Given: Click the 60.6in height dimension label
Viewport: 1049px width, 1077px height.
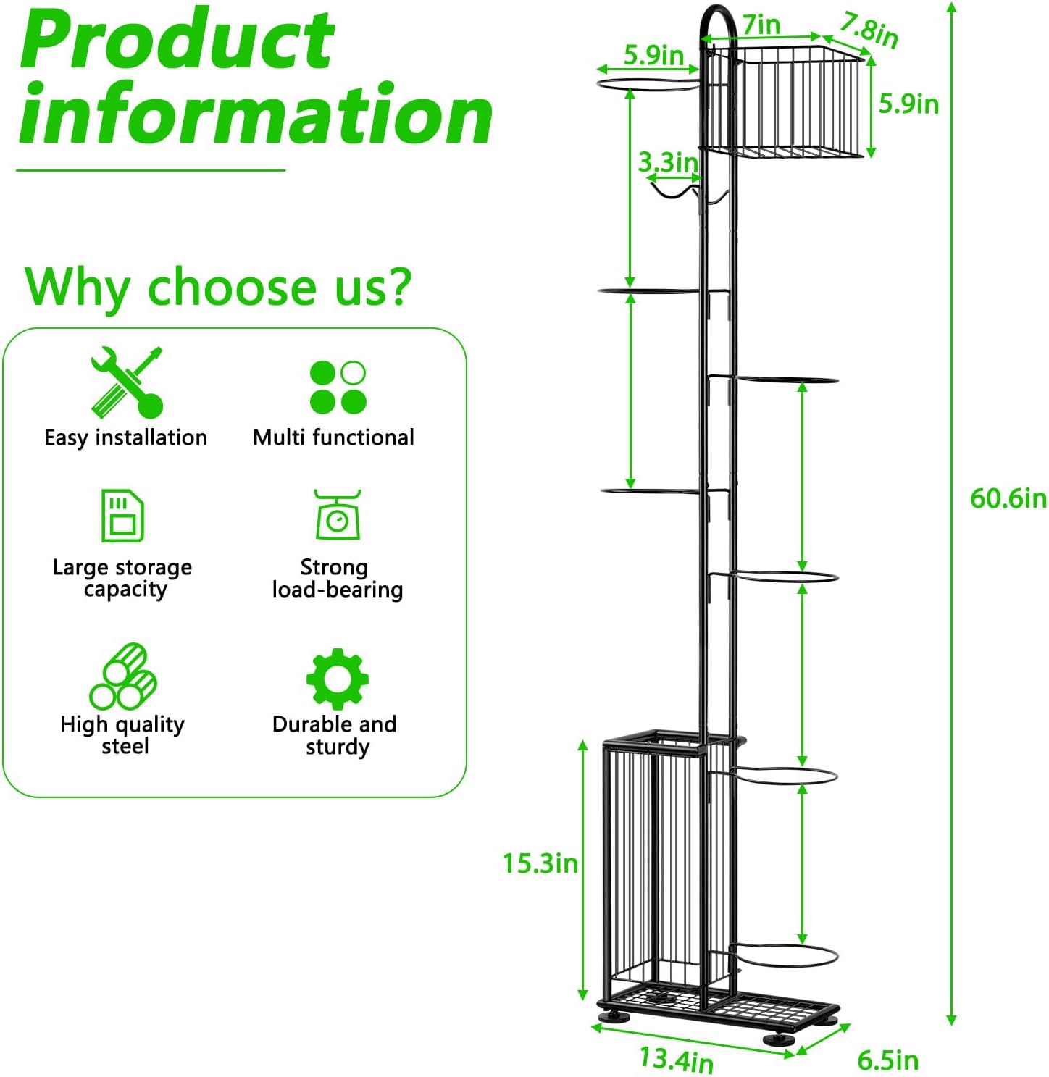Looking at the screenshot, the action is (x=1008, y=498).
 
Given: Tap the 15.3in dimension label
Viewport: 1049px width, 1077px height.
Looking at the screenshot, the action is (x=540, y=863).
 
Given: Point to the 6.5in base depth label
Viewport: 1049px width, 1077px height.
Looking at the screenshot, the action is (x=888, y=1060).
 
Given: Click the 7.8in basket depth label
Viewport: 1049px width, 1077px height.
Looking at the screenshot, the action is (x=868, y=31).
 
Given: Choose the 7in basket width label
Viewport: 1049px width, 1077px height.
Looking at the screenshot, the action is (x=761, y=25).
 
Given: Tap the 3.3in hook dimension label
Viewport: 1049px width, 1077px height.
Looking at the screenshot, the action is (x=668, y=162).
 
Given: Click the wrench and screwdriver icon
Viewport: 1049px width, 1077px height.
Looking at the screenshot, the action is (x=128, y=382).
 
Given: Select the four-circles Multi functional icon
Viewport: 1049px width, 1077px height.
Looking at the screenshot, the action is (x=338, y=387).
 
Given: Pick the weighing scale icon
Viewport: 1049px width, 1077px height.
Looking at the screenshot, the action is (x=337, y=514).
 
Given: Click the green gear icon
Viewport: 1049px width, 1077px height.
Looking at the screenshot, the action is (x=337, y=679).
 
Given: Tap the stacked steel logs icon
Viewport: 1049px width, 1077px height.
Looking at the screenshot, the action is (x=123, y=676).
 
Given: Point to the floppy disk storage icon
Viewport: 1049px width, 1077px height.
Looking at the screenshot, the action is (x=122, y=515).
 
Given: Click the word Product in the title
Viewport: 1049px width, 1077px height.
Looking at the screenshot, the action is (x=177, y=38).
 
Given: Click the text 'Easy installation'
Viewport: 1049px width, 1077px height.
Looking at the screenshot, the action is (x=125, y=437).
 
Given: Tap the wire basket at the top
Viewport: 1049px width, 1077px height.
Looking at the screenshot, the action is (x=785, y=102).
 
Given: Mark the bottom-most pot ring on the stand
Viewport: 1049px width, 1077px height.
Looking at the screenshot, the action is (x=786, y=956).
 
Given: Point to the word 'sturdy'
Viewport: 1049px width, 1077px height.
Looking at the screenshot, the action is (x=338, y=747).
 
